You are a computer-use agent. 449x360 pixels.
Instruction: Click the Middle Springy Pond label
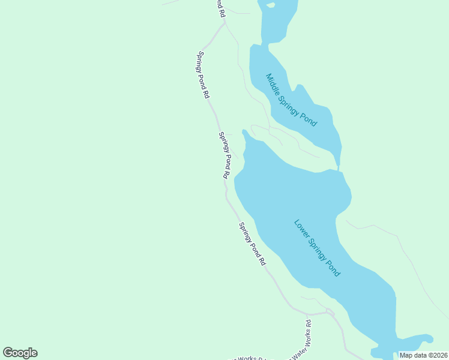coord(291,100)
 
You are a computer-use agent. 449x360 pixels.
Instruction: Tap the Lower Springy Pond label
coord(317,248)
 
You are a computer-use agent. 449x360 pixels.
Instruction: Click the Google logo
coord(20,353)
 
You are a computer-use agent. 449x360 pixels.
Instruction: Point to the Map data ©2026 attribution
coord(423,355)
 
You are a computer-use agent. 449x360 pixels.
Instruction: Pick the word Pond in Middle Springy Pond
coord(309,118)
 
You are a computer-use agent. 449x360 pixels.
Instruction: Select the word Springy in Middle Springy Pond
coord(292,100)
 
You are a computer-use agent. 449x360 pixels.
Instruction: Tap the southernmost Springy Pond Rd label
coord(252,244)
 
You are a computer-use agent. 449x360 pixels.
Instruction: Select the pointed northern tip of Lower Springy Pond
coord(244,131)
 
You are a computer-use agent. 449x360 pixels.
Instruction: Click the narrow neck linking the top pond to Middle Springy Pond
coord(259,44)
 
